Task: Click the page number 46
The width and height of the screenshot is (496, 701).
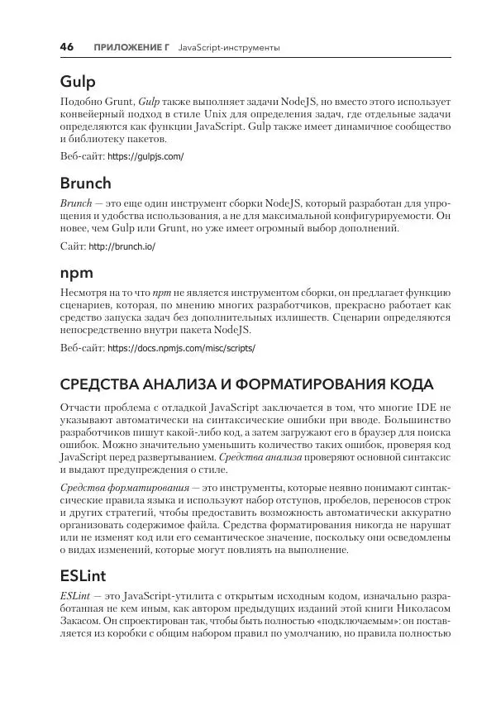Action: pyautogui.click(x=66, y=48)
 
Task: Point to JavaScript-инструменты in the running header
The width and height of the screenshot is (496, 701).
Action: pyautogui.click(x=228, y=49)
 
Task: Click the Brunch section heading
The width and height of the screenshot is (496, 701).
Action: pyautogui.click(x=86, y=184)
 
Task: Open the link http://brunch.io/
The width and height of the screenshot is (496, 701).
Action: pyautogui.click(x=122, y=246)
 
